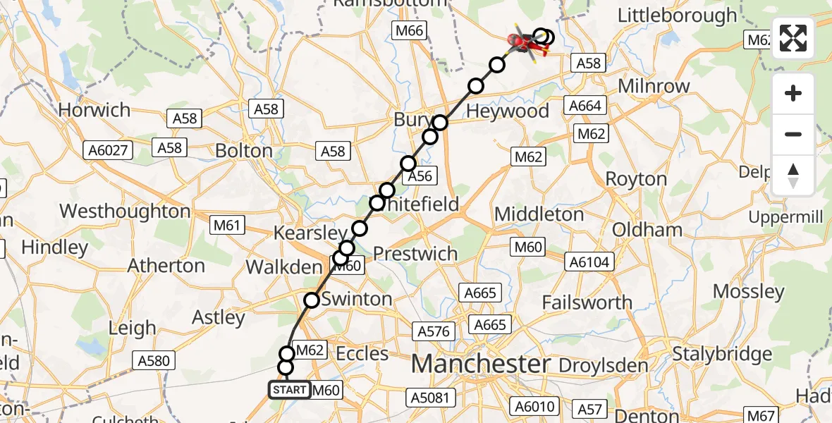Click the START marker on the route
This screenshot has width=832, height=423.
pyautogui.click(x=289, y=390)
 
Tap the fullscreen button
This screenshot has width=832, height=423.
pyautogui.click(x=793, y=39)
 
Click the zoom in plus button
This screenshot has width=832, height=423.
pyautogui.click(x=793, y=93)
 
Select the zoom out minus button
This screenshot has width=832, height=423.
pyautogui.click(x=793, y=134)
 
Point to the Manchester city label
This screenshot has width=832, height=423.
pyautogui.click(x=480, y=364)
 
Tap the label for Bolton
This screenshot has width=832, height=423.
pyautogui.click(x=244, y=151)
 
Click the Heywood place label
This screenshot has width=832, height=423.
pyautogui.click(x=508, y=111)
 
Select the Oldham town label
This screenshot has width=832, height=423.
pyautogui.click(x=647, y=230)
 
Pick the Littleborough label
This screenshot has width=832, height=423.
pyautogui.click(x=677, y=16)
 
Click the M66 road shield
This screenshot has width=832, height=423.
pyautogui.click(x=409, y=30)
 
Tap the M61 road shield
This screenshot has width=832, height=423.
pyautogui.click(x=228, y=226)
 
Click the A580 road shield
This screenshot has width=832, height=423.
pyautogui.click(x=154, y=361)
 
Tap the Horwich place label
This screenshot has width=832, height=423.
pyautogui.click(x=94, y=110)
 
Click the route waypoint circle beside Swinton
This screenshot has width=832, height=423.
pyautogui.click(x=312, y=300)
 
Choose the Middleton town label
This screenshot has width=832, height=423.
pyautogui.click(x=539, y=214)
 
